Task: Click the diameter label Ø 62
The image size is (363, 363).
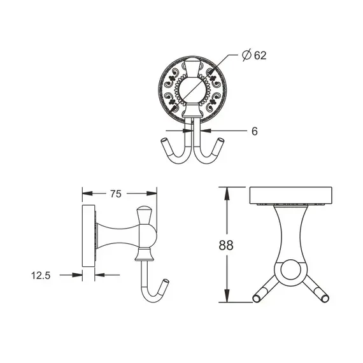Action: [253, 55]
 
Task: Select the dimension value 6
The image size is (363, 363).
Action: [253, 131]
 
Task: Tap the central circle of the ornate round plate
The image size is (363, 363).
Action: [191, 89]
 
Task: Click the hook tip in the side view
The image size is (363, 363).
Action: [166, 283]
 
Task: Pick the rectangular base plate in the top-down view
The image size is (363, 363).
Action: [294, 196]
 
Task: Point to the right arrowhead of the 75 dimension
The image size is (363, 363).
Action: [153, 193]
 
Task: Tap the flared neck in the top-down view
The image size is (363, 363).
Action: [294, 232]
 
